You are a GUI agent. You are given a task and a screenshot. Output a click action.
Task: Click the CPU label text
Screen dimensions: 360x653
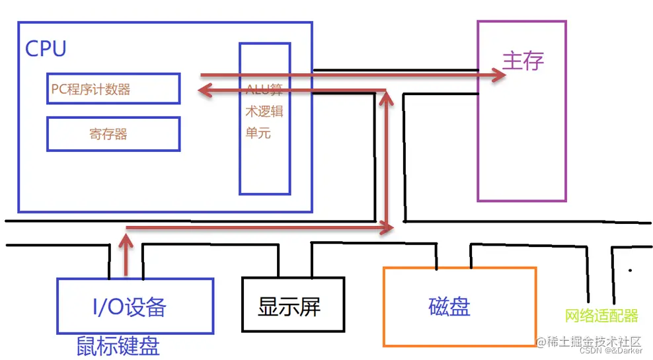pyautogui.click(x=46, y=49)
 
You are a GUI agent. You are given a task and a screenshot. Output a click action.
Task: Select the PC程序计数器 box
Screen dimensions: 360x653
pyautogui.click(x=113, y=89)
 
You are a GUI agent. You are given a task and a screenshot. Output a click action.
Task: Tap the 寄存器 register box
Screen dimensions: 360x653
pyautogui.click(x=113, y=134)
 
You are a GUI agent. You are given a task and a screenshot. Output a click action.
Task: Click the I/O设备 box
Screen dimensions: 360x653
pyautogui.click(x=135, y=306)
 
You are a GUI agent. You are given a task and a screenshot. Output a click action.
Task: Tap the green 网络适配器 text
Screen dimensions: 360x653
pyautogui.click(x=601, y=316)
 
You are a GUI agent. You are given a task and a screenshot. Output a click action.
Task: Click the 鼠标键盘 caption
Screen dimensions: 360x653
pyautogui.click(x=118, y=346)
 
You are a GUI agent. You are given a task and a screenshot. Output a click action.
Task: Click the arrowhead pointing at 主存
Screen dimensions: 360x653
pyautogui.click(x=498, y=75)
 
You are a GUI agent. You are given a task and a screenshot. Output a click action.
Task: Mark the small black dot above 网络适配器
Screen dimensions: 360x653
pyautogui.click(x=631, y=270)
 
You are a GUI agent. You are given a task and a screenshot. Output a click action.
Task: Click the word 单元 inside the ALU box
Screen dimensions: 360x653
pyautogui.click(x=258, y=133)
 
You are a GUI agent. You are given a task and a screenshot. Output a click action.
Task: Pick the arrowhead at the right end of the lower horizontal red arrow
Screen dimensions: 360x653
pyautogui.click(x=387, y=228)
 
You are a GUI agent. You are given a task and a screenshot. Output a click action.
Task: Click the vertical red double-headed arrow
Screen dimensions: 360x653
pyautogui.click(x=387, y=159)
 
